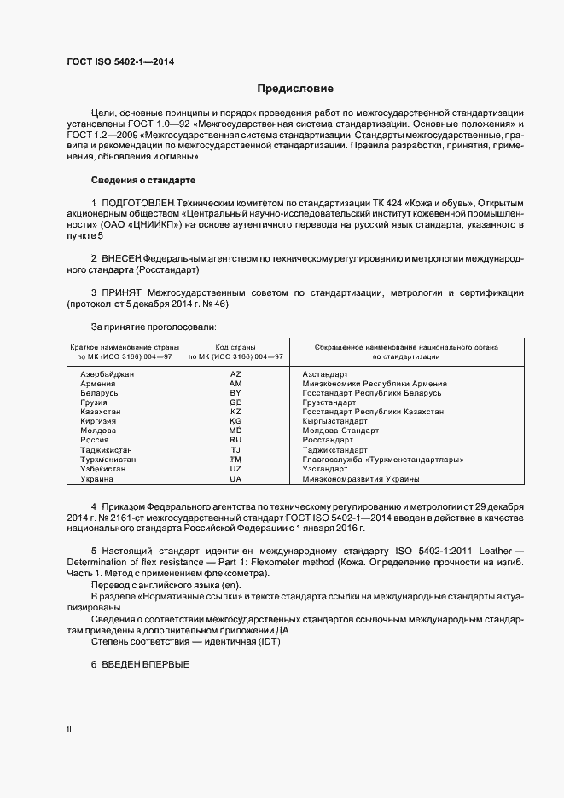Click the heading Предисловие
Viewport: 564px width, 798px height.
(295, 89)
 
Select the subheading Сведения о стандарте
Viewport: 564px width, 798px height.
(143, 180)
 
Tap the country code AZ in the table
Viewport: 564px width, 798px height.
(235, 374)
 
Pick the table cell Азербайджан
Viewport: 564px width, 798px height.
(108, 374)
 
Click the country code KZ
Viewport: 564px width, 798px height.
(235, 412)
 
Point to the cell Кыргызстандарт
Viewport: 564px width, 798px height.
(334, 421)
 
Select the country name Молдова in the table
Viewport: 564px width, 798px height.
(97, 431)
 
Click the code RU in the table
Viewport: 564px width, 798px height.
(235, 440)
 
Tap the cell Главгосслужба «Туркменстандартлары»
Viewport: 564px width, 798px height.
(383, 460)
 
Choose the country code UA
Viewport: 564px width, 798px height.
(235, 478)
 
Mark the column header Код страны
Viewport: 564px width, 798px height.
(235, 347)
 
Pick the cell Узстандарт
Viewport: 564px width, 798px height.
(325, 469)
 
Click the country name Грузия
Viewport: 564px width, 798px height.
(94, 402)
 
